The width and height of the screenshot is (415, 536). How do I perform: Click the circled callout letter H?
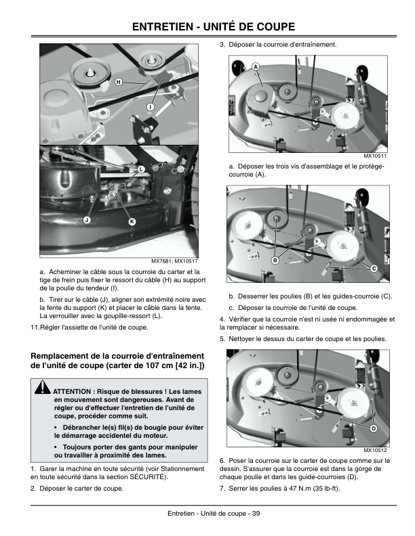click(x=119, y=82)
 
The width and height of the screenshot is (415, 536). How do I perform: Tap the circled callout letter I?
click(x=150, y=107)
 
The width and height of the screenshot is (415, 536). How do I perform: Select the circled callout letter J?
click(x=87, y=220)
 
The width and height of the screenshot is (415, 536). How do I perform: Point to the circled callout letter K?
click(x=132, y=222)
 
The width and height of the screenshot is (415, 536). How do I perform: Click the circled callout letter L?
click(x=141, y=169)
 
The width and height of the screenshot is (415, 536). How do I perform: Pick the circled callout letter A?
click(x=256, y=67)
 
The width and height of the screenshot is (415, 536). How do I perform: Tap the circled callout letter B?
click(x=275, y=261)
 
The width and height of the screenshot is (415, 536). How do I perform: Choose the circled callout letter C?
click(x=374, y=269)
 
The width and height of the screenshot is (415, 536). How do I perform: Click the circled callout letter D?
click(x=374, y=428)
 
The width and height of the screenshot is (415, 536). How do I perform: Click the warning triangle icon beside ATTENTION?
click(x=43, y=387)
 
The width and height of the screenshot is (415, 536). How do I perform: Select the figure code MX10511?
click(x=375, y=156)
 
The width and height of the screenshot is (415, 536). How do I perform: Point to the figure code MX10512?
click(x=375, y=450)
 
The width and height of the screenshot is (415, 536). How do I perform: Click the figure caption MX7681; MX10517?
click(x=175, y=261)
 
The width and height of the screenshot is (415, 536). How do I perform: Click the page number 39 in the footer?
click(x=256, y=514)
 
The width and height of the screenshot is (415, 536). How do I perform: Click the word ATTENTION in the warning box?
click(x=72, y=392)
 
